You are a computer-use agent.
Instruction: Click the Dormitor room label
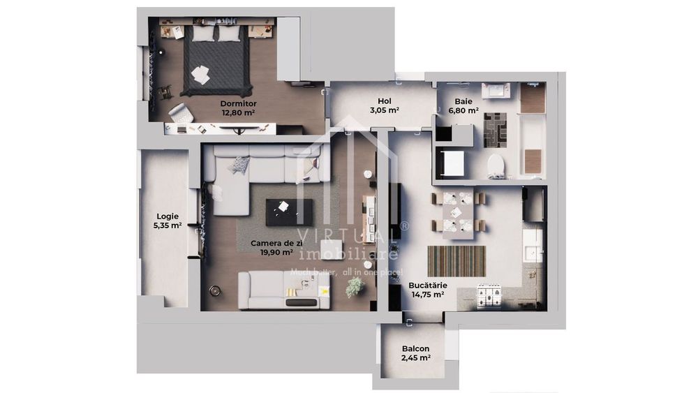(238, 103)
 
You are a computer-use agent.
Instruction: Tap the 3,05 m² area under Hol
(384, 110)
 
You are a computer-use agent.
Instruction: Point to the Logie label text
(168, 216)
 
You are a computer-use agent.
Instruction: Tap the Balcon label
(415, 349)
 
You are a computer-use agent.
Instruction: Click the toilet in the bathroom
(495, 165)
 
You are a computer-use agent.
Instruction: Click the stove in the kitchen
(488, 296)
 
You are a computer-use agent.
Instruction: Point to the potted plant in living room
(355, 286)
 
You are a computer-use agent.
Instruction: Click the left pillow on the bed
(204, 34)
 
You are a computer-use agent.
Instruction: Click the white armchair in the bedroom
(180, 112)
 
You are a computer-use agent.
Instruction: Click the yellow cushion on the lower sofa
(323, 290)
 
